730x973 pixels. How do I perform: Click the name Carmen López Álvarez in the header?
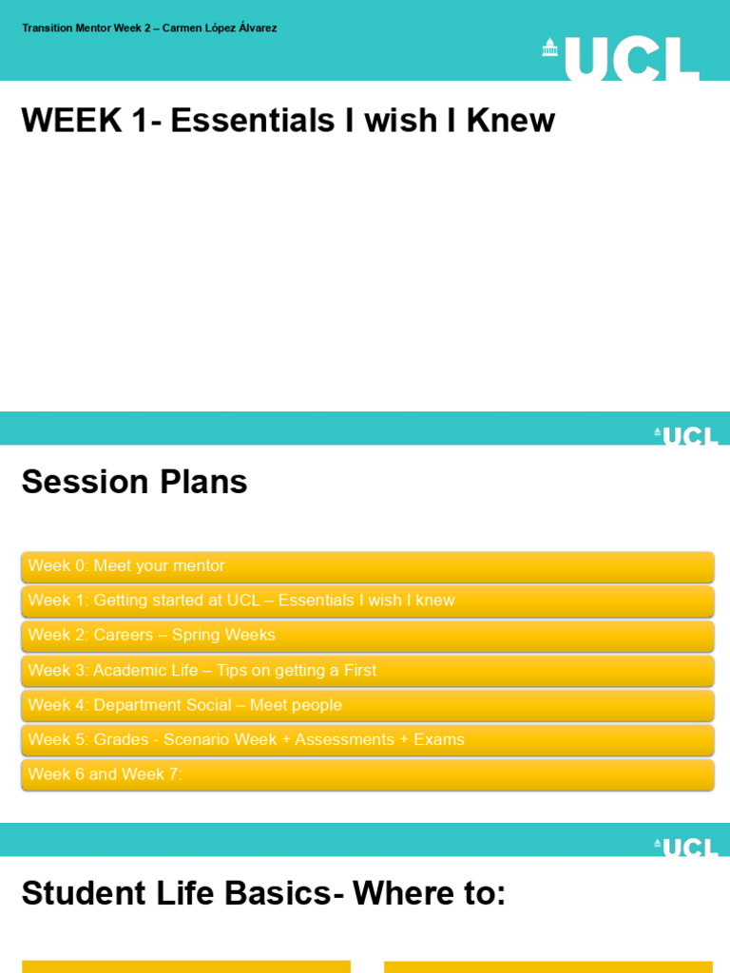click(x=220, y=29)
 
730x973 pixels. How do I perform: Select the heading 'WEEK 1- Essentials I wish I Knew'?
click(x=288, y=121)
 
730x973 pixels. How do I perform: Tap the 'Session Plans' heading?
click(x=134, y=482)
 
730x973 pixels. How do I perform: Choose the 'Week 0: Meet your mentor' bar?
click(x=367, y=566)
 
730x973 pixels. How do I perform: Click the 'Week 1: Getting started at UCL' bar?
click(x=367, y=601)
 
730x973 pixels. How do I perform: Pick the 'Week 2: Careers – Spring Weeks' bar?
click(x=367, y=635)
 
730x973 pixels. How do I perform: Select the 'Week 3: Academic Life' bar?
click(x=367, y=671)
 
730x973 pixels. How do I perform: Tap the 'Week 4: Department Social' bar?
click(x=367, y=705)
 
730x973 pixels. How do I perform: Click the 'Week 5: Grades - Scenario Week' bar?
click(x=367, y=739)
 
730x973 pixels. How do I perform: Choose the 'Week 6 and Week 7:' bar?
click(x=367, y=774)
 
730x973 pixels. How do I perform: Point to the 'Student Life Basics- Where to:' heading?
click(x=263, y=893)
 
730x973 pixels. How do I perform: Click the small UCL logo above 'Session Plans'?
click(x=686, y=436)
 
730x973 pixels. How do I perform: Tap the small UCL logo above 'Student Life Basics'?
click(x=686, y=848)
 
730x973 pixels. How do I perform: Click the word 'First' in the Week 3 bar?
click(x=359, y=671)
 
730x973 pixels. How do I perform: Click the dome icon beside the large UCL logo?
click(x=549, y=48)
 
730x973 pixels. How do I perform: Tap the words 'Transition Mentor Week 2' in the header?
click(x=86, y=29)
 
